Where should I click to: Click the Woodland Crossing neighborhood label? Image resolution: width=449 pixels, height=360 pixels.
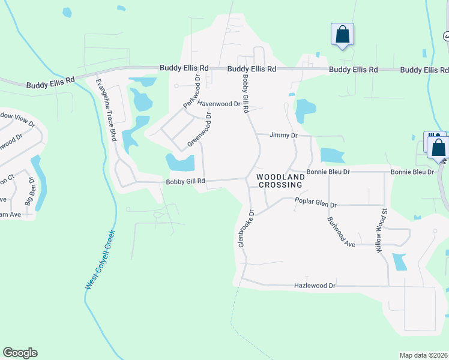click(280, 181)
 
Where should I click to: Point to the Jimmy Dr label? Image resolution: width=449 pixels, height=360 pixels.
click(283, 136)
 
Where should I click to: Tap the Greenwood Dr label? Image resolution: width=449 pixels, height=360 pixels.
click(200, 129)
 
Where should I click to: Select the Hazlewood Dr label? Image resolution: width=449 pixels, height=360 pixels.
click(315, 286)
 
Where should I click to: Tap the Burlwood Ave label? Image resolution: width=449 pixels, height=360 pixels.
click(342, 231)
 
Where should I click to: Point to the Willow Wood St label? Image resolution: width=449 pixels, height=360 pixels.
click(382, 230)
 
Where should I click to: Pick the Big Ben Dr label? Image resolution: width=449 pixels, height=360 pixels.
click(26, 189)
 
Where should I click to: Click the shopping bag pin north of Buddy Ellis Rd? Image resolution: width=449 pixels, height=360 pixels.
click(342, 34)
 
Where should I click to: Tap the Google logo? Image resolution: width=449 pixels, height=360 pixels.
click(20, 353)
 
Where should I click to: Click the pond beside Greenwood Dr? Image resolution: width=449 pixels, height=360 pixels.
click(181, 162)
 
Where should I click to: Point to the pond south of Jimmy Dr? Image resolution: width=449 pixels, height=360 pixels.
click(332, 155)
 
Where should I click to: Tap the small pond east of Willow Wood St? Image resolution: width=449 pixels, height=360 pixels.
click(399, 262)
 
